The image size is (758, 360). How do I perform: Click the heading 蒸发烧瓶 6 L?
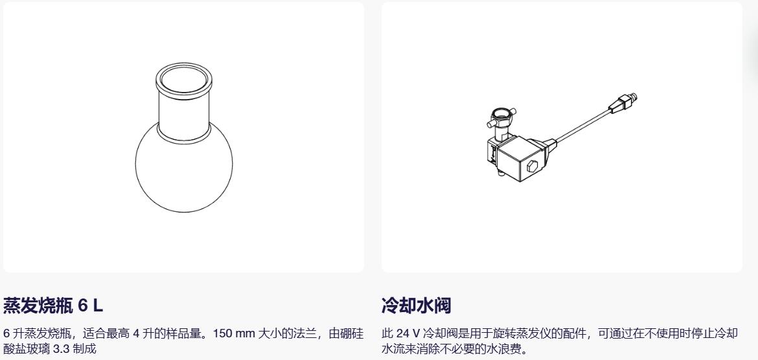(53, 306)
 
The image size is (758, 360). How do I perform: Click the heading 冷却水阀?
(416, 306)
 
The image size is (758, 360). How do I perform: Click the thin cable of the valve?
(582, 127)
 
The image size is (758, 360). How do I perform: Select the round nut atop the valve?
(499, 117)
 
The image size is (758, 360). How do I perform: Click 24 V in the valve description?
(408, 333)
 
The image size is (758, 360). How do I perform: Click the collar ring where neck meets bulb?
(184, 135)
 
